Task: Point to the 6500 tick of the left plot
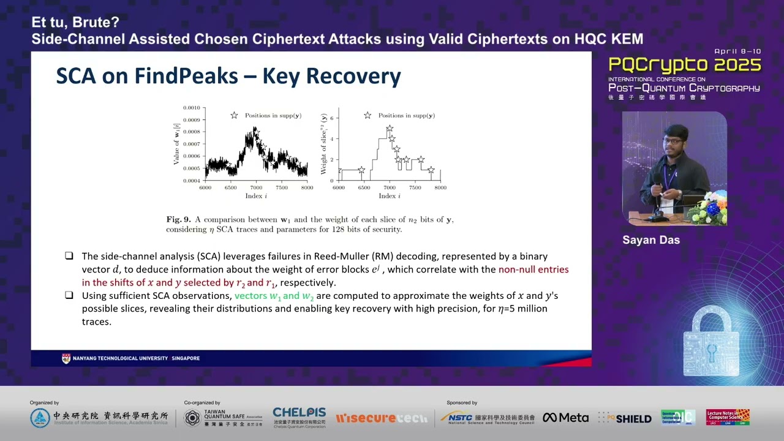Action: tap(232, 188)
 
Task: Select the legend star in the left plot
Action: tap(234, 115)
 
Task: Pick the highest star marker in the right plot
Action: tap(390, 129)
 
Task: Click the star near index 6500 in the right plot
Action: tap(361, 170)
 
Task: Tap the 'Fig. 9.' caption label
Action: tap(178, 219)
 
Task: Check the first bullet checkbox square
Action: tap(69, 256)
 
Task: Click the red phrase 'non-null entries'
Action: tap(533, 269)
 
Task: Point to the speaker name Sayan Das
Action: tap(650, 240)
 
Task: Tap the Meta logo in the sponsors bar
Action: tap(565, 418)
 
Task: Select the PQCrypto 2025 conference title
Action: tap(684, 65)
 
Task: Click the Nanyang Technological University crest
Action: tap(66, 358)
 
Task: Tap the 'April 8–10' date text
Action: tap(737, 51)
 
